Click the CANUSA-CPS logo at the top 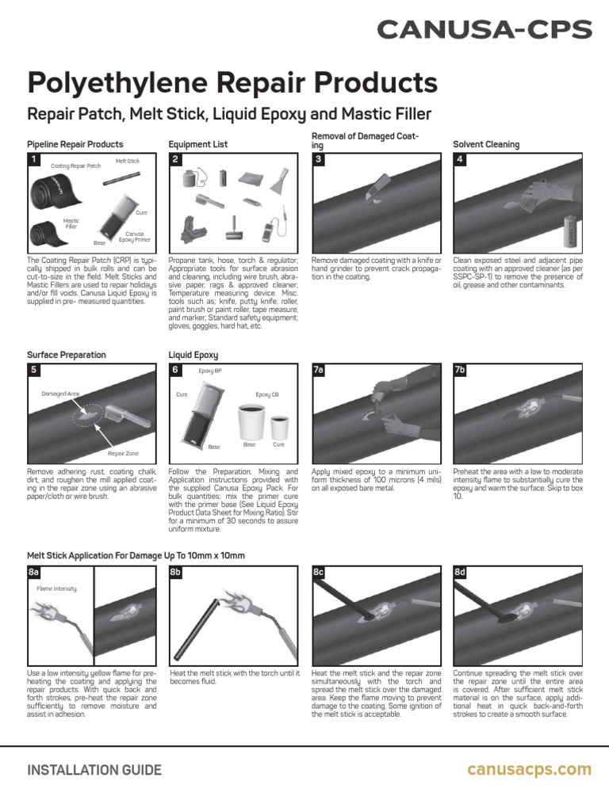(x=484, y=30)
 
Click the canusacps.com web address (x=529, y=769)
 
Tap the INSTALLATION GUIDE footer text (x=94, y=770)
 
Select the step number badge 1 (x=34, y=159)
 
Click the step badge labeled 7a (x=320, y=370)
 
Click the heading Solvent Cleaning (x=485, y=145)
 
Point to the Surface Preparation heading (x=66, y=355)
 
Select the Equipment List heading (x=197, y=145)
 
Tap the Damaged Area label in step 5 (x=60, y=393)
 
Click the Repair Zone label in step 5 (x=122, y=453)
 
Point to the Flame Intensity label (x=56, y=588)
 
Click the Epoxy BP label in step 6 (x=210, y=371)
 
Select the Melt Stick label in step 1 (x=127, y=161)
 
